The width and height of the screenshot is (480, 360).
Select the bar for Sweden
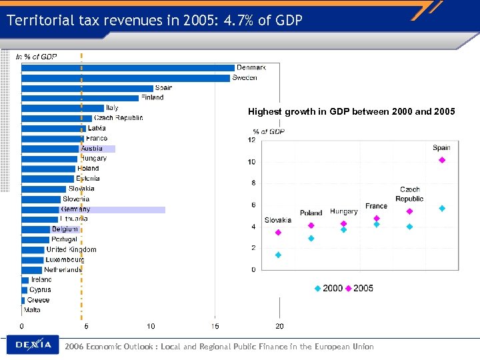coord(126,77)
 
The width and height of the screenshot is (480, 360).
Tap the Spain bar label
coord(163,88)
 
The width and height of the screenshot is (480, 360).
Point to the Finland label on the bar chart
coord(152,98)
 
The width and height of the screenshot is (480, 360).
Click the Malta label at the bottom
coord(32,310)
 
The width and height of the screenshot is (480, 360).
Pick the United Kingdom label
coord(71,249)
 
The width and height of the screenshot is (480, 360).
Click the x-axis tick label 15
coord(215,326)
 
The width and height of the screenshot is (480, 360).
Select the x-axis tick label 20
coord(279,326)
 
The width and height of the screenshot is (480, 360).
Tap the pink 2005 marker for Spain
coord(442,160)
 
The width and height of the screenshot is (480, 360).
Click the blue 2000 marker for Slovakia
coord(278,255)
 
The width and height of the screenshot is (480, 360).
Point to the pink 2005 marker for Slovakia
coord(278,233)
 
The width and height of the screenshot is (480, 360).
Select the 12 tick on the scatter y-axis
coord(251,140)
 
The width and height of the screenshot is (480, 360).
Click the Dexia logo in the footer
coord(33,345)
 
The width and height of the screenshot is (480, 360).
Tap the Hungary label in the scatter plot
coord(343,212)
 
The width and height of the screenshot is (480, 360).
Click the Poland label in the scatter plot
coord(311,213)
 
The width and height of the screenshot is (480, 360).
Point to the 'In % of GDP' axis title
coord(37,57)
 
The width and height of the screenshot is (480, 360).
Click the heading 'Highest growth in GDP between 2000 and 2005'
coord(351,112)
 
